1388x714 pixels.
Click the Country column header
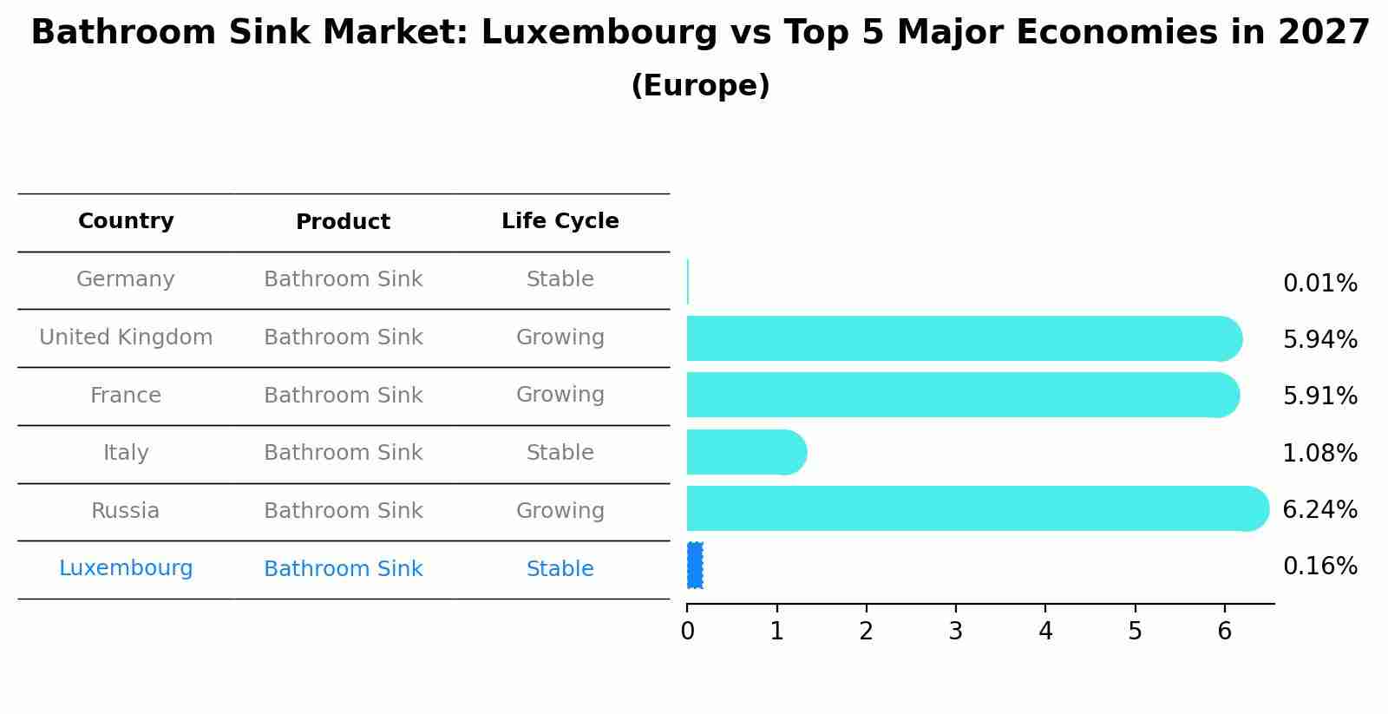[126, 221]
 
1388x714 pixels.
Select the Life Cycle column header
[560, 221]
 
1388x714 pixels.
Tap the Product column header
[343, 222]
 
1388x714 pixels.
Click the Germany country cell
[126, 279]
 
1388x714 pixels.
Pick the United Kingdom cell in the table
[126, 337]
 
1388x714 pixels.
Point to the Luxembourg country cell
[126, 568]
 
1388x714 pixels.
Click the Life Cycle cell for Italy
[560, 453]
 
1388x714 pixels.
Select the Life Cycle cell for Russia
[560, 511]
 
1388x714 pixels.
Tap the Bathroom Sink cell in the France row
[343, 396]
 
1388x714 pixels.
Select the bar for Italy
[746, 452]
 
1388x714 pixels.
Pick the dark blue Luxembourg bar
[695, 565]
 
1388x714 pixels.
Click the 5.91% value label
[1319, 396]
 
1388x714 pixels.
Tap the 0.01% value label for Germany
[1319, 284]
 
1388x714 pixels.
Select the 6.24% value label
[1319, 509]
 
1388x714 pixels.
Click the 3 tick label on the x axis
[955, 632]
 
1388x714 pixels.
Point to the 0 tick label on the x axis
[687, 632]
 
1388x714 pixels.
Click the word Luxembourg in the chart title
[599, 33]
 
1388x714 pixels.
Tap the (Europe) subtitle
[700, 86]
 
